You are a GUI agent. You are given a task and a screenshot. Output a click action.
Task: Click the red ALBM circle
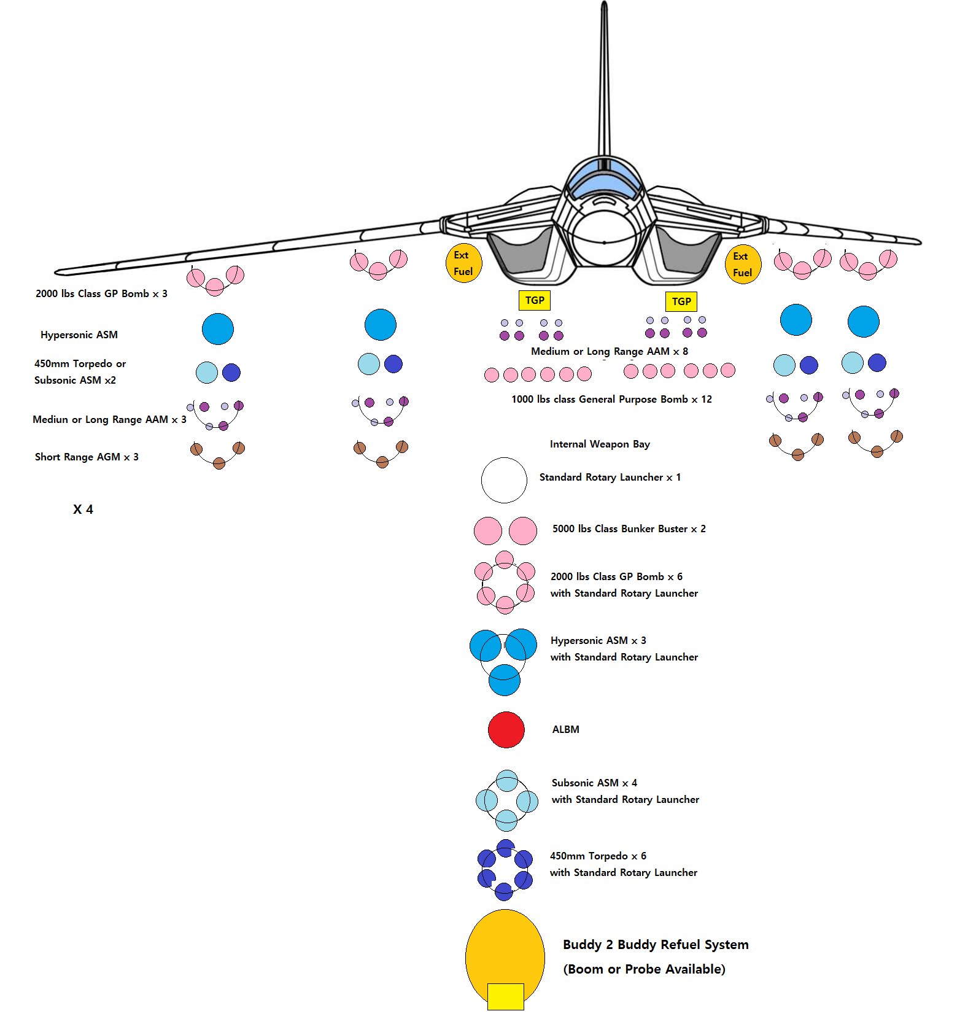(506, 730)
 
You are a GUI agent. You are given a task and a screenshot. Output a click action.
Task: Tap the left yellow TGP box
(534, 300)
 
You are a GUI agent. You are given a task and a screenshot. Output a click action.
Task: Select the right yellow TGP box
(681, 301)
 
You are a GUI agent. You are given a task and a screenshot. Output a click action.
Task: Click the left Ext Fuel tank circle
(463, 263)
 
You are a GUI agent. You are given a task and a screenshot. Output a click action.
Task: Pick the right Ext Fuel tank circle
(743, 265)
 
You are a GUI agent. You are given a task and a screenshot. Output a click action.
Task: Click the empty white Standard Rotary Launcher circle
(504, 480)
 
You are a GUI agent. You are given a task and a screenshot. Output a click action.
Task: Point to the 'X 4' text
(83, 509)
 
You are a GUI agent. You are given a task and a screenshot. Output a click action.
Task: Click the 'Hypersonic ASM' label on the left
(79, 335)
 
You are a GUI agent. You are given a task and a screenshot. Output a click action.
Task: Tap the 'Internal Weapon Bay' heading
(600, 444)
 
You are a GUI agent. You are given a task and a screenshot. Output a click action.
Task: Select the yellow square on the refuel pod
(505, 996)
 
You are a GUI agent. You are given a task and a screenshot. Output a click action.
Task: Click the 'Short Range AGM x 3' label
(87, 457)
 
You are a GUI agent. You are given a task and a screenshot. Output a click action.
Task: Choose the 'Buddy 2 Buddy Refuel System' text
(656, 944)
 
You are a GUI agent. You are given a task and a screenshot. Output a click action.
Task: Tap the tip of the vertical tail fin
(605, 5)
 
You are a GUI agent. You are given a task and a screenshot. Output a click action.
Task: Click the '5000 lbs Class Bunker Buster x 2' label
(629, 529)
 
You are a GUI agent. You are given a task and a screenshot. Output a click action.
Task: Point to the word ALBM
(565, 729)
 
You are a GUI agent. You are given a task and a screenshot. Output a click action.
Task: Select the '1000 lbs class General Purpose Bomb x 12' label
(611, 399)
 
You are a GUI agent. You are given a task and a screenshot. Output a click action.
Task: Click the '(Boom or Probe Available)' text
(644, 969)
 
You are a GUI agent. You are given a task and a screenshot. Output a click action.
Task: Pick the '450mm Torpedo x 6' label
(598, 856)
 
